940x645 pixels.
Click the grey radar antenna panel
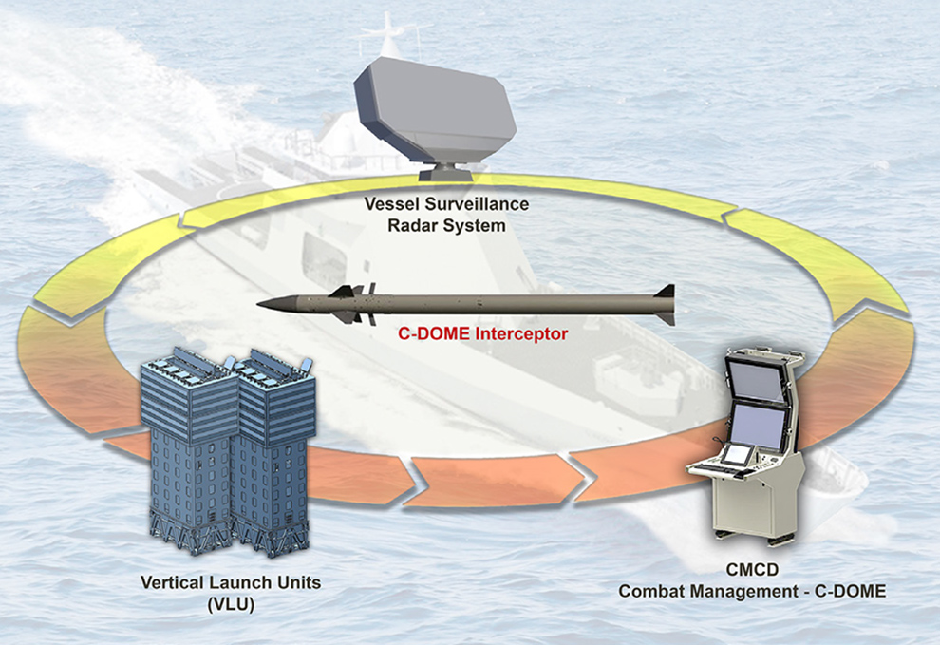point(434,106)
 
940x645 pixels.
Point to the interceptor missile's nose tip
point(261,305)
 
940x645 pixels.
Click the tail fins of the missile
point(665,304)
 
